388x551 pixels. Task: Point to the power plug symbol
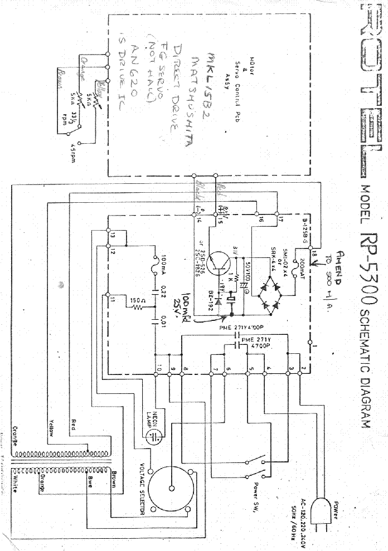tap(323, 510)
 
